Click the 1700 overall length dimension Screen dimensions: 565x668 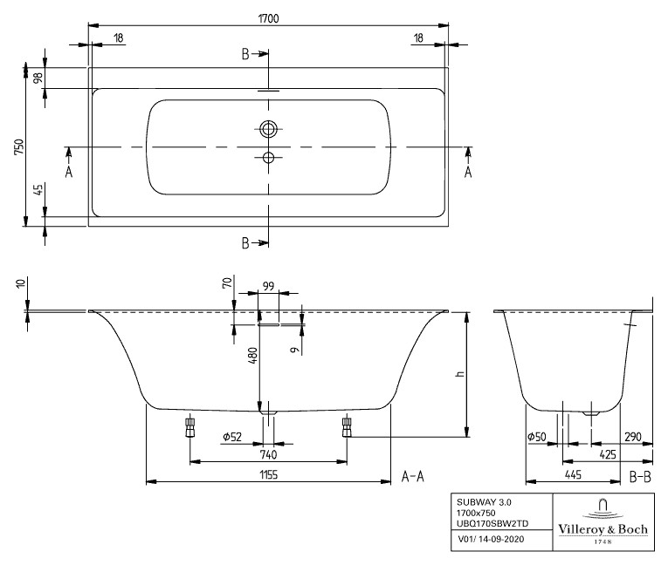point(269,16)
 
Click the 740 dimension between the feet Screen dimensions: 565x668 point(269,454)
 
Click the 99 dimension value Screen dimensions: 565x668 point(269,286)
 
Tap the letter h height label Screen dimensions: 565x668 point(458,374)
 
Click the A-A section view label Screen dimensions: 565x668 point(412,476)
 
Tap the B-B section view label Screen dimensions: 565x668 point(640,476)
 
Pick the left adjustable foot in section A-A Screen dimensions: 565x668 point(189,426)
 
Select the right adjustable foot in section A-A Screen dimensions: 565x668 point(347,426)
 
